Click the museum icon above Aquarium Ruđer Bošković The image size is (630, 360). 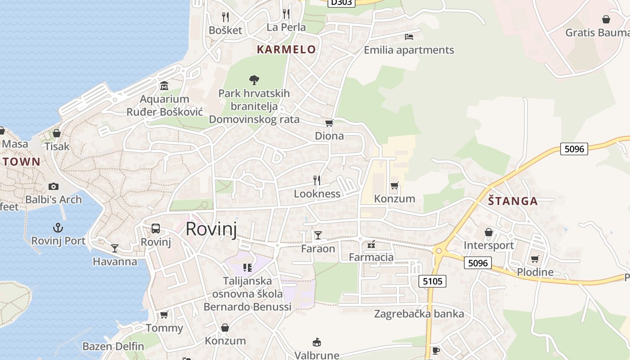164,85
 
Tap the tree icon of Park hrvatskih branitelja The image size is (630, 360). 254,80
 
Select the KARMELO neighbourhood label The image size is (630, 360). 286,49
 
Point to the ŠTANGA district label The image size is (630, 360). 513,201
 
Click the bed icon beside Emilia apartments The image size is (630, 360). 409,36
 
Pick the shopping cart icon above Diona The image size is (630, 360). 329,123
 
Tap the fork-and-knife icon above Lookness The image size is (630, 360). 317,180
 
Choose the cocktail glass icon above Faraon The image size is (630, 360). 318,235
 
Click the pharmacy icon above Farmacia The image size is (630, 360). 371,244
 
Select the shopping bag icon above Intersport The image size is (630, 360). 489,232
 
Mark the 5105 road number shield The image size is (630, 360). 433,282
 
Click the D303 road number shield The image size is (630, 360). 341,2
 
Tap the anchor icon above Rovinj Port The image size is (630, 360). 58,227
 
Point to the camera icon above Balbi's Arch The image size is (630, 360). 54,186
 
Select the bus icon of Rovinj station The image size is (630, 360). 156,228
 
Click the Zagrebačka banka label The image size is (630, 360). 419,314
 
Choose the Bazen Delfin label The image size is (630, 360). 113,346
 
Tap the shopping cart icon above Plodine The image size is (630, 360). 535,259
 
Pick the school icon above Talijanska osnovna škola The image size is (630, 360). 247,268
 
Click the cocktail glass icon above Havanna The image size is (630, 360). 115,248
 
